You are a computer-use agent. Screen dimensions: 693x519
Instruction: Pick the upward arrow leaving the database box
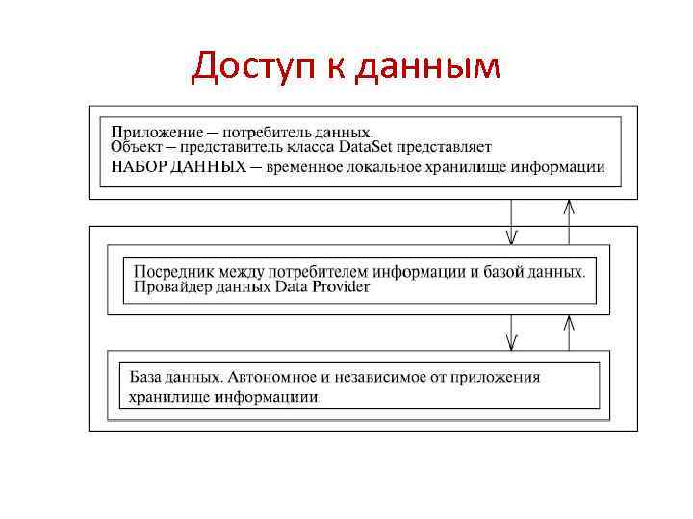coord(570,332)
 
